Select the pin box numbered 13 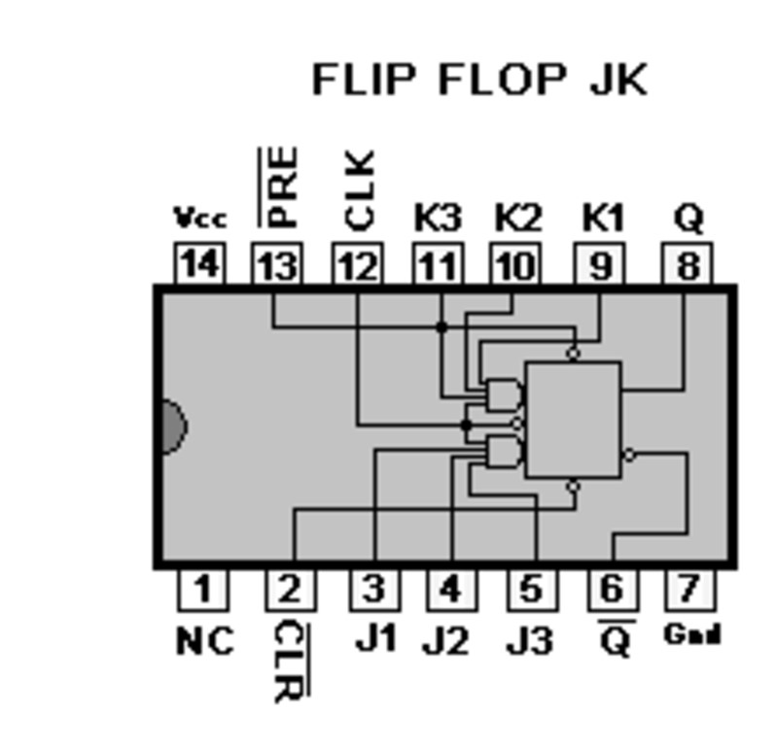click(x=277, y=264)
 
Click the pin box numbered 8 click(x=688, y=264)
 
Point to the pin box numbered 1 click(x=202, y=589)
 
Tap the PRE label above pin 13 click(x=281, y=187)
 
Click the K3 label click(x=438, y=218)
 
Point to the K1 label click(x=602, y=218)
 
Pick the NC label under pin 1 click(x=205, y=641)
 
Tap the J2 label click(x=448, y=641)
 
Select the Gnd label click(x=691, y=635)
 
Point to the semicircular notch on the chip click(x=171, y=426)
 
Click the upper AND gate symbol click(x=504, y=394)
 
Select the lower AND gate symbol click(x=504, y=452)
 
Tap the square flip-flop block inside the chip click(x=573, y=420)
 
